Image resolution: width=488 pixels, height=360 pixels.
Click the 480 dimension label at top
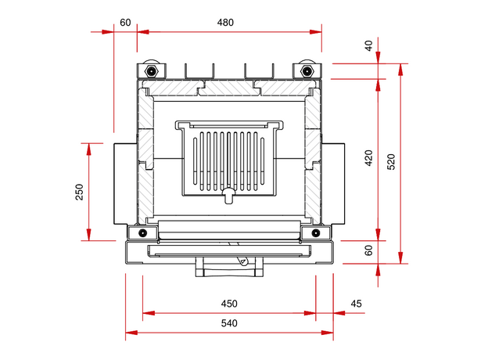225,22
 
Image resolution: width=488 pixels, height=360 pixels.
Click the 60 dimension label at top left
125,22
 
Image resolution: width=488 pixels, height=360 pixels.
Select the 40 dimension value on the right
368,45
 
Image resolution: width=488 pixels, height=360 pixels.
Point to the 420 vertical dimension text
368,159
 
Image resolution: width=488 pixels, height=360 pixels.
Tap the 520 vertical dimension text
391,161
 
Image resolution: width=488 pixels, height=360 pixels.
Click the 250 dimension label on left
80,192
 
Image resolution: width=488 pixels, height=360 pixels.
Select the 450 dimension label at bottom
228,304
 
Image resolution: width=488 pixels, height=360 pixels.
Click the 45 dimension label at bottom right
357,304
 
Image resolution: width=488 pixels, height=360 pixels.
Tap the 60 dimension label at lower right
368,250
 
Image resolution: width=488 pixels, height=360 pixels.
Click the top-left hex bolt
150,72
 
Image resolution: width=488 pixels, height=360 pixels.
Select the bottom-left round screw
142,232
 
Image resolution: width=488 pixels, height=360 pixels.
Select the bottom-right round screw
315,232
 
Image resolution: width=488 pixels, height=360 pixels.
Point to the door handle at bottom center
228,268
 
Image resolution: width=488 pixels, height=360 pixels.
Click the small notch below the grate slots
228,194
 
